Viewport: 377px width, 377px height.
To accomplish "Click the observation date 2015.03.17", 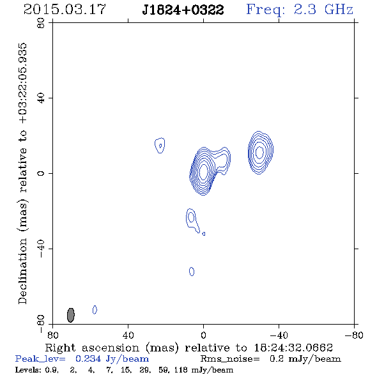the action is pyautogui.click(x=65, y=10).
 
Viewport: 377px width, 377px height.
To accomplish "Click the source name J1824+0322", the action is pyautogui.click(x=183, y=10).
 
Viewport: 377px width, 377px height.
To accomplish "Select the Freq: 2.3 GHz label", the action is pyautogui.click(x=300, y=10).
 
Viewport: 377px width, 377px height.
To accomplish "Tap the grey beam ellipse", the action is pyautogui.click(x=71, y=315).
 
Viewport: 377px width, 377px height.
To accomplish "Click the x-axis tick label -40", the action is pyautogui.click(x=279, y=335).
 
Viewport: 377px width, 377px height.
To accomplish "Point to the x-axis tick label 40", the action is pyautogui.click(x=128, y=335).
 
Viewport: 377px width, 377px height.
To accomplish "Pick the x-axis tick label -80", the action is pyautogui.click(x=354, y=335).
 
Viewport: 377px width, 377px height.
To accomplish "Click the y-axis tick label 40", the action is pyautogui.click(x=41, y=98).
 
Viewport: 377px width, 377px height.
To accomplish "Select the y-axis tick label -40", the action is pyautogui.click(x=41, y=249).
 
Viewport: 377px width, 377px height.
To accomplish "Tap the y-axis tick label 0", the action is pyautogui.click(x=41, y=173).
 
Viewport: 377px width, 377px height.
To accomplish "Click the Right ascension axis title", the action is pyautogui.click(x=189, y=348).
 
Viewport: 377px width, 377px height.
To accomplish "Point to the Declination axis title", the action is pyautogui.click(x=22, y=174).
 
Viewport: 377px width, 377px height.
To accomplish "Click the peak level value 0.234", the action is pyautogui.click(x=88, y=359).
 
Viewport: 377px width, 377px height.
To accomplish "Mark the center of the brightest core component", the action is pyautogui.click(x=203, y=171).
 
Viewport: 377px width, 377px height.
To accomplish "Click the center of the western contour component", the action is pyautogui.click(x=259, y=153).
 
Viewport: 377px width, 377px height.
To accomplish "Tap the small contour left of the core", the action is pyautogui.click(x=160, y=145).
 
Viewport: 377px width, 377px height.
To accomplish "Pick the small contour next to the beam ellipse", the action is pyautogui.click(x=95, y=310).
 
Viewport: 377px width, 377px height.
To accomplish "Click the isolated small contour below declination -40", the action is pyautogui.click(x=192, y=272).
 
